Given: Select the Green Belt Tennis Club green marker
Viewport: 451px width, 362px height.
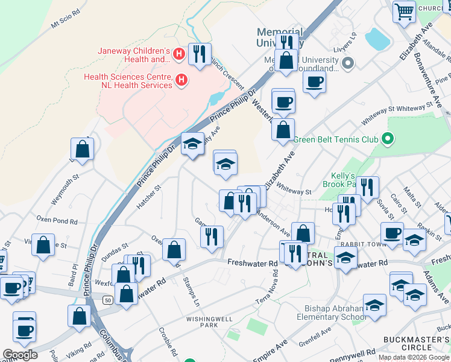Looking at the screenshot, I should click(x=389, y=139).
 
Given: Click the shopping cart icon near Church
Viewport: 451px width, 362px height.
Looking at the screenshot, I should click(x=404, y=10).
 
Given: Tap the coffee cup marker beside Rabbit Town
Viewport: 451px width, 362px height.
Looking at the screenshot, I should click(x=392, y=233).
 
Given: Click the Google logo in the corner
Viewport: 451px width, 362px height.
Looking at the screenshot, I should click(x=20, y=354).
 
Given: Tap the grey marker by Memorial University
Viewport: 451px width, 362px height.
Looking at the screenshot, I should click(x=348, y=63).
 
